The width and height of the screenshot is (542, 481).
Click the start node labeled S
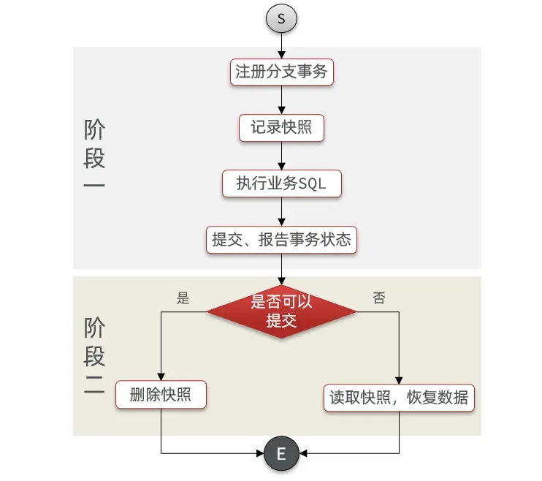click(x=281, y=18)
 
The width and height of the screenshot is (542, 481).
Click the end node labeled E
click(x=281, y=455)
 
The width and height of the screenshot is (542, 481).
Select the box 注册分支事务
click(x=281, y=72)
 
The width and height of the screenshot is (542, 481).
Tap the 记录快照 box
click(x=281, y=128)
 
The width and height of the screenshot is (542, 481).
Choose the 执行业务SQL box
click(x=281, y=183)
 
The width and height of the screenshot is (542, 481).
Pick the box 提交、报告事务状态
click(x=281, y=239)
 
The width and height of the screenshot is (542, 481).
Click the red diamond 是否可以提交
click(x=281, y=311)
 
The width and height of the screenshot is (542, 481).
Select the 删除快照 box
click(x=161, y=395)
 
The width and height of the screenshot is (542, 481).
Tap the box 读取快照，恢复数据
click(x=400, y=398)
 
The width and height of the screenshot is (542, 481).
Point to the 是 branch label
click(x=183, y=298)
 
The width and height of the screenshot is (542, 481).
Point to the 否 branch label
click(x=379, y=298)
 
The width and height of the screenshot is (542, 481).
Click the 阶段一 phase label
click(x=95, y=156)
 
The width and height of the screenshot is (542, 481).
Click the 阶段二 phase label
click(x=95, y=357)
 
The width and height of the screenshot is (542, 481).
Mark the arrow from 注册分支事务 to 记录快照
click(x=281, y=100)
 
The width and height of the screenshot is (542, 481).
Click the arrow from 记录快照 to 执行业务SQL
click(x=281, y=156)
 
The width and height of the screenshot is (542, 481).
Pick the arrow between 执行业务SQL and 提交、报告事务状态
click(x=281, y=211)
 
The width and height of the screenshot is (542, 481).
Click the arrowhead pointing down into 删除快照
click(x=161, y=378)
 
